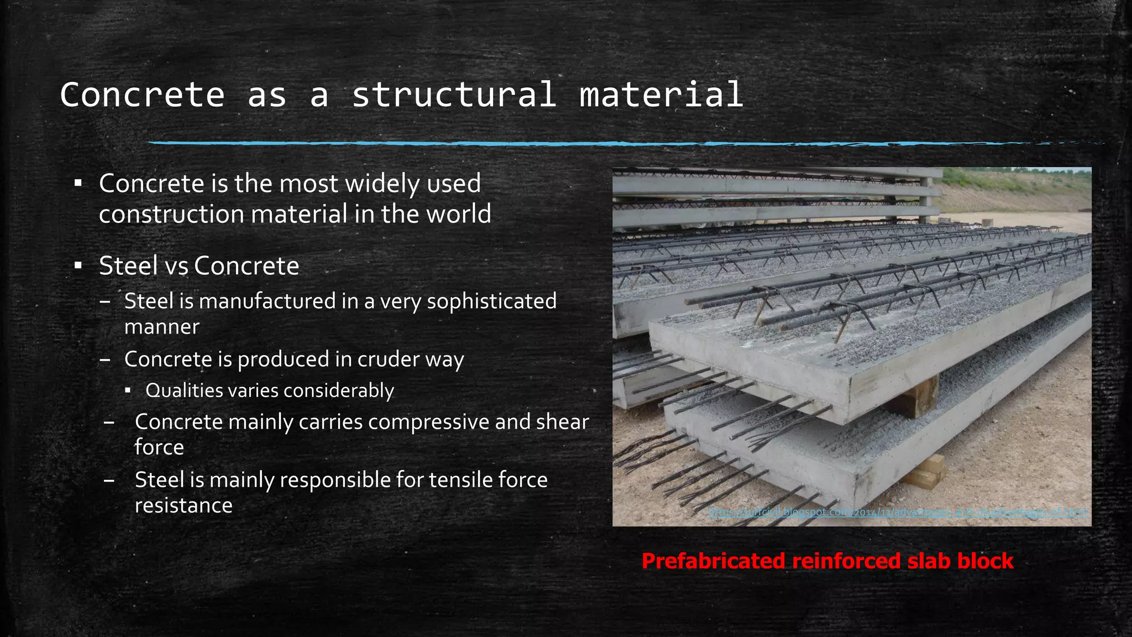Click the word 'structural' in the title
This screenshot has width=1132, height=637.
454,95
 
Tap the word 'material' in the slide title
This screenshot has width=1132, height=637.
661,95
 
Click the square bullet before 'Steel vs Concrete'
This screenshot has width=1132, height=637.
78,266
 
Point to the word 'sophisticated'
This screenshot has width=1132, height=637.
491,301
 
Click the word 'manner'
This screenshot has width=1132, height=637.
161,327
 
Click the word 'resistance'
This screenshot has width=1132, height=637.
184,505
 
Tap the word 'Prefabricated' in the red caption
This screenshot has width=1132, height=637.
714,561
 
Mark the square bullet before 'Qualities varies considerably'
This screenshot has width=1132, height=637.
128,391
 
